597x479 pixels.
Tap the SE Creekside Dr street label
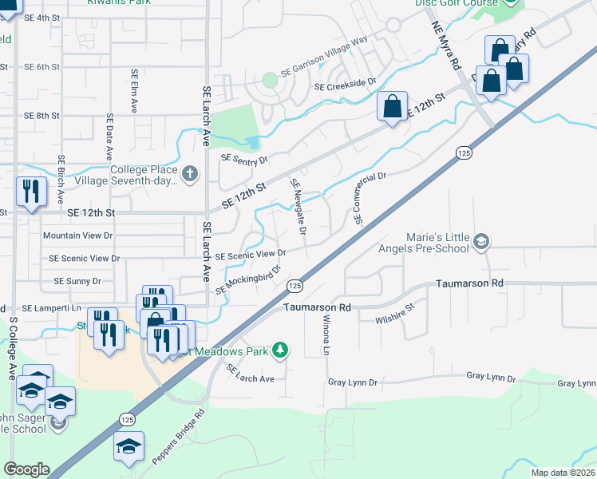click(345, 85)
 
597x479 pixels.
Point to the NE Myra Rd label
click(447, 49)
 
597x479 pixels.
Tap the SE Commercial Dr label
click(370, 197)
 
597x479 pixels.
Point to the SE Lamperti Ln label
click(52, 307)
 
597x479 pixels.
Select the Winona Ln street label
click(326, 335)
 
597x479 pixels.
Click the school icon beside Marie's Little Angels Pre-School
click(480, 241)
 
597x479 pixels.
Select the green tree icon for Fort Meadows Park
click(280, 349)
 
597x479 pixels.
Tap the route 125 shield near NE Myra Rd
click(463, 152)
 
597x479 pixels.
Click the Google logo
click(26, 469)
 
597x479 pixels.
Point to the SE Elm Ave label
click(135, 90)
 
